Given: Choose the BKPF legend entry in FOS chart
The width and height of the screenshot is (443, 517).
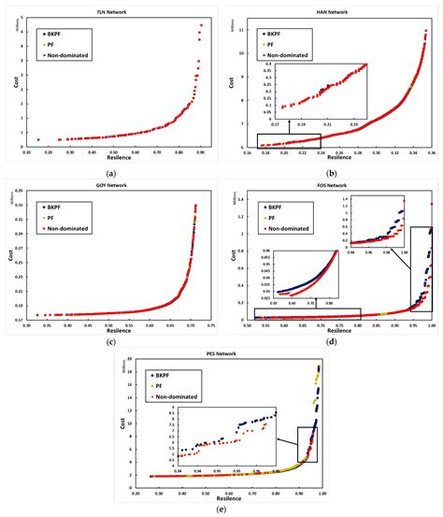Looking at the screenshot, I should [275, 208].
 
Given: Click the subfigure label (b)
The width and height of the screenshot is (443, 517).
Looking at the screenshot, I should [332, 173].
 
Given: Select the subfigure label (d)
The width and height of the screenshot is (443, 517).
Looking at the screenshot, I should [332, 342].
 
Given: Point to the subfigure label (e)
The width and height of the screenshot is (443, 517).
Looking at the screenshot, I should [221, 510].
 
